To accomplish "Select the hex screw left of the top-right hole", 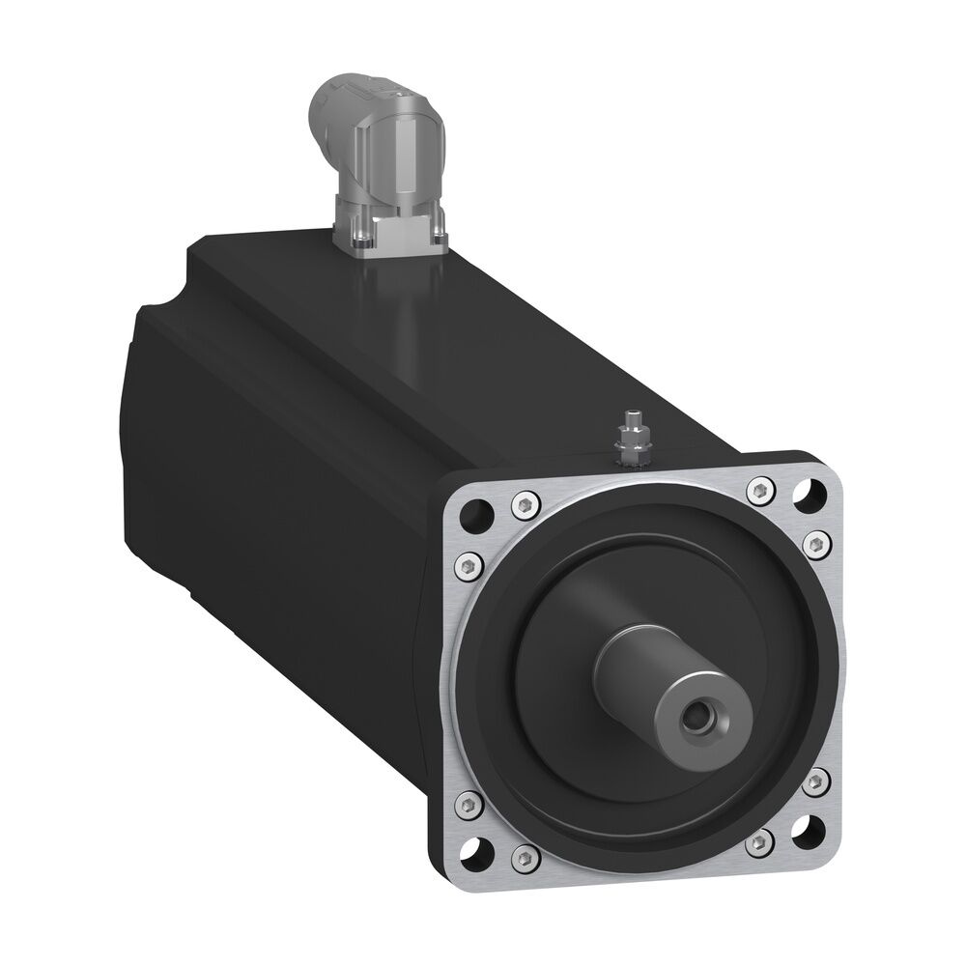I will coord(760,491).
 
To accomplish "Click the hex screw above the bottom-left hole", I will coord(469,801).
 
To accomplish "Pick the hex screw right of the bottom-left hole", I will coord(525,854).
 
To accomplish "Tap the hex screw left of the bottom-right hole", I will coord(760,843).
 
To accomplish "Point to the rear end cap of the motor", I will coord(145,406).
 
